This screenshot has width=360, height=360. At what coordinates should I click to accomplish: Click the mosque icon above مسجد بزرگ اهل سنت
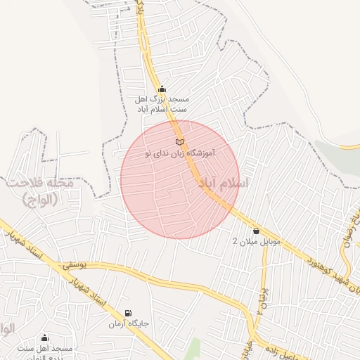162,89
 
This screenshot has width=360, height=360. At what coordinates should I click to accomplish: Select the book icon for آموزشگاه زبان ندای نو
179,143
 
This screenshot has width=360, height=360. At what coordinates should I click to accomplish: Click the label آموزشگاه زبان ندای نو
179,153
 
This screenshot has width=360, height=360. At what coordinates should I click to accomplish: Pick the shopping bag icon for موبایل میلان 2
256,231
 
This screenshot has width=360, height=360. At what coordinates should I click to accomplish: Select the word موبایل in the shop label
268,241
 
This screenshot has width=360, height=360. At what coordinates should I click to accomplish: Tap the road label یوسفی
74,266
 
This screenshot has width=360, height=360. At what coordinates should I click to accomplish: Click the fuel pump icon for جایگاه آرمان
127,314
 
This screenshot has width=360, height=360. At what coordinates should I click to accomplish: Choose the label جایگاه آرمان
127,324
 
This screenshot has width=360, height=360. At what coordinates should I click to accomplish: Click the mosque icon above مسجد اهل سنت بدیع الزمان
45,338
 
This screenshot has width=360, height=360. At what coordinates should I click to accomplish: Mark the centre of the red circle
180,179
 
